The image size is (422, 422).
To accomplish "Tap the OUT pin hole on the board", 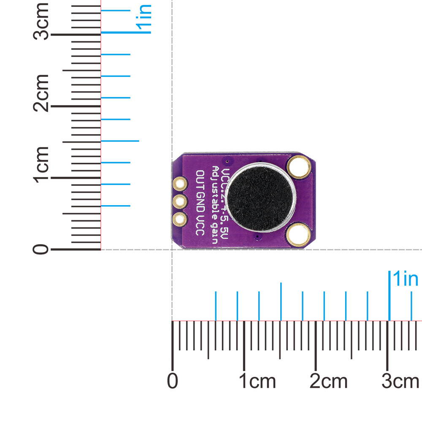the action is [x=180, y=184].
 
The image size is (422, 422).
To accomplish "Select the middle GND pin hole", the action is [x=180, y=201].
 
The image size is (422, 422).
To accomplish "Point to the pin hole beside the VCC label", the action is [x=180, y=219].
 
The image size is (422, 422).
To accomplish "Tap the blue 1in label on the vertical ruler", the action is [x=144, y=19].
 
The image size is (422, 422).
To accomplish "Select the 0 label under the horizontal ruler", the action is [x=172, y=381].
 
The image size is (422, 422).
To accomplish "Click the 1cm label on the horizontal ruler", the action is [x=257, y=381].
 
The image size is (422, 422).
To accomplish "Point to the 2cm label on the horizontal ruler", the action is [x=328, y=381].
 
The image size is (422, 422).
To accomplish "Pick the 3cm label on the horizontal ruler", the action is [x=400, y=381].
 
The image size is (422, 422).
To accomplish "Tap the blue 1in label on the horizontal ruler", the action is [x=405, y=279].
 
